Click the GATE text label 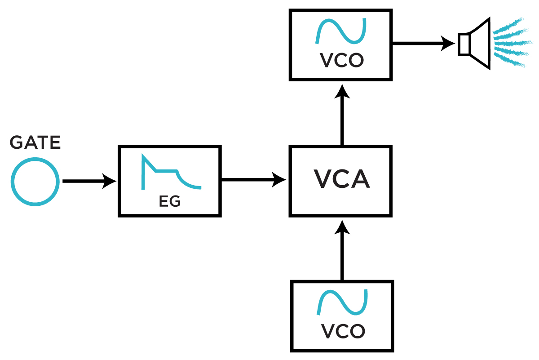(35, 143)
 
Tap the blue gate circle (35, 182)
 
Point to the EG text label (170, 202)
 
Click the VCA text (342, 179)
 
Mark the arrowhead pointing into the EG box (110, 182)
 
